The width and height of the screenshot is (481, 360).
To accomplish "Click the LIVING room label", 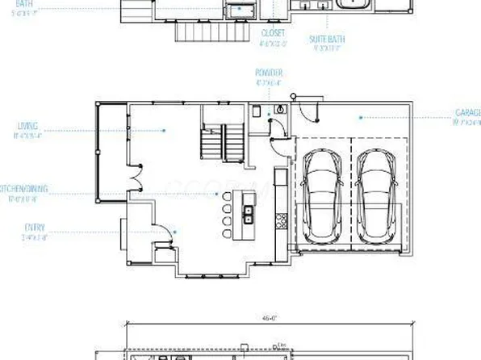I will point(27,126).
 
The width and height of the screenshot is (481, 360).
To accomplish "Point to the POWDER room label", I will point(269,72).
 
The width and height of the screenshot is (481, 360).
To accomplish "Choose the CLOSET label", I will point(273,33).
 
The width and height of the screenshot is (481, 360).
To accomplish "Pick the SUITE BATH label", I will point(328,39).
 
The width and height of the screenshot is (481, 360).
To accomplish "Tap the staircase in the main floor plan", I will point(222,144).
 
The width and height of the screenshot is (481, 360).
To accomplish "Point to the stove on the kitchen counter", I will point(280,218).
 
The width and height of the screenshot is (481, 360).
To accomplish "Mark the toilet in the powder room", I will point(280,108).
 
